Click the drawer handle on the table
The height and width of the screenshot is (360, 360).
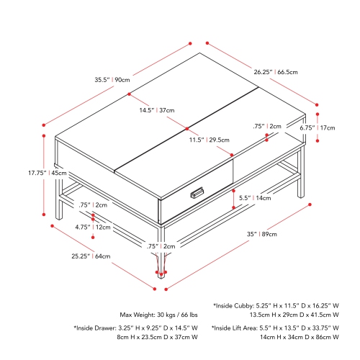[197, 192]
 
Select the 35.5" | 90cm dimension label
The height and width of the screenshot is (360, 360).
[112, 80]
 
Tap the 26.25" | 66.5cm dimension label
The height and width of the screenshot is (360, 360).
[276, 72]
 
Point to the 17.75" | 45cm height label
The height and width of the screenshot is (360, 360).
[48, 173]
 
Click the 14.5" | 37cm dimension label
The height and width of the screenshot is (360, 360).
[157, 110]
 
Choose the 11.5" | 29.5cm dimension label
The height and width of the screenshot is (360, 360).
[210, 140]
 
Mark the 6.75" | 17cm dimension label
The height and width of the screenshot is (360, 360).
[318, 127]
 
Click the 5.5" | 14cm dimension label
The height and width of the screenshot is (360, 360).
[255, 198]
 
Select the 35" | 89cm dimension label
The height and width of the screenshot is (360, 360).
[262, 234]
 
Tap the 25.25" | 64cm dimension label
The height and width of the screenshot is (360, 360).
[91, 256]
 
